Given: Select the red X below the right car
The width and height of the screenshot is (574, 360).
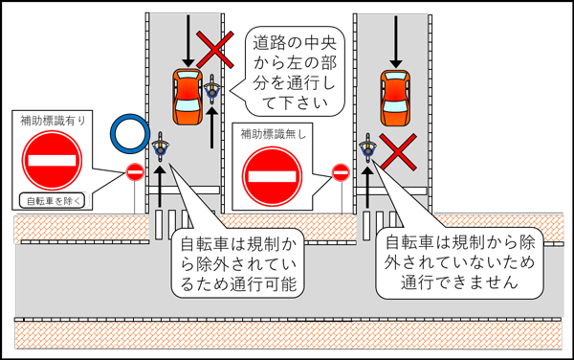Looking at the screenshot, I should point(394,149).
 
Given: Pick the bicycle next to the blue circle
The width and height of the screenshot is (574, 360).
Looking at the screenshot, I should point(160,150).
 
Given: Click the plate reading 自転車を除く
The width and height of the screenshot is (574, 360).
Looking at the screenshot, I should point(54,201).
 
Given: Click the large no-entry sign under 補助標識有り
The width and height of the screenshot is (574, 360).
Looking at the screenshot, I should point(54,159).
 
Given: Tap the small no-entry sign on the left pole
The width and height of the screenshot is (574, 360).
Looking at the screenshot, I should point(135,172).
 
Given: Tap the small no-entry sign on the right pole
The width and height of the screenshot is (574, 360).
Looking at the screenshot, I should point(341,172).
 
